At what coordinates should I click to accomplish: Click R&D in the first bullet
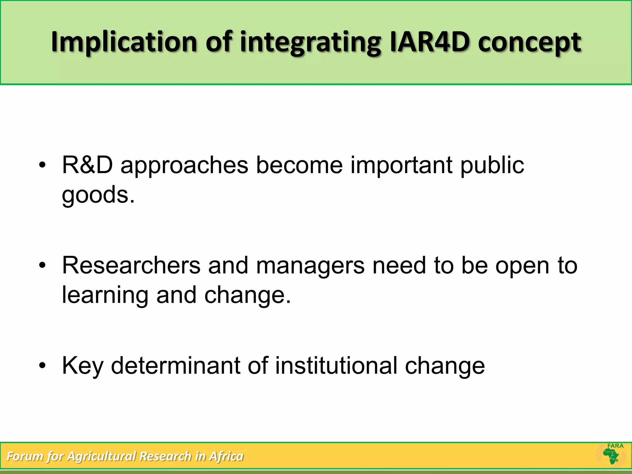coord(87,165)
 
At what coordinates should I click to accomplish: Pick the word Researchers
coord(131,265)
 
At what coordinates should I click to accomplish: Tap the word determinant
coord(175,366)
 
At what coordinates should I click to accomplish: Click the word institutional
coord(336,366)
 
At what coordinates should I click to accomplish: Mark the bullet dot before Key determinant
coord(42,366)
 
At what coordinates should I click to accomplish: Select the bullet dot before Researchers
coord(42,266)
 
